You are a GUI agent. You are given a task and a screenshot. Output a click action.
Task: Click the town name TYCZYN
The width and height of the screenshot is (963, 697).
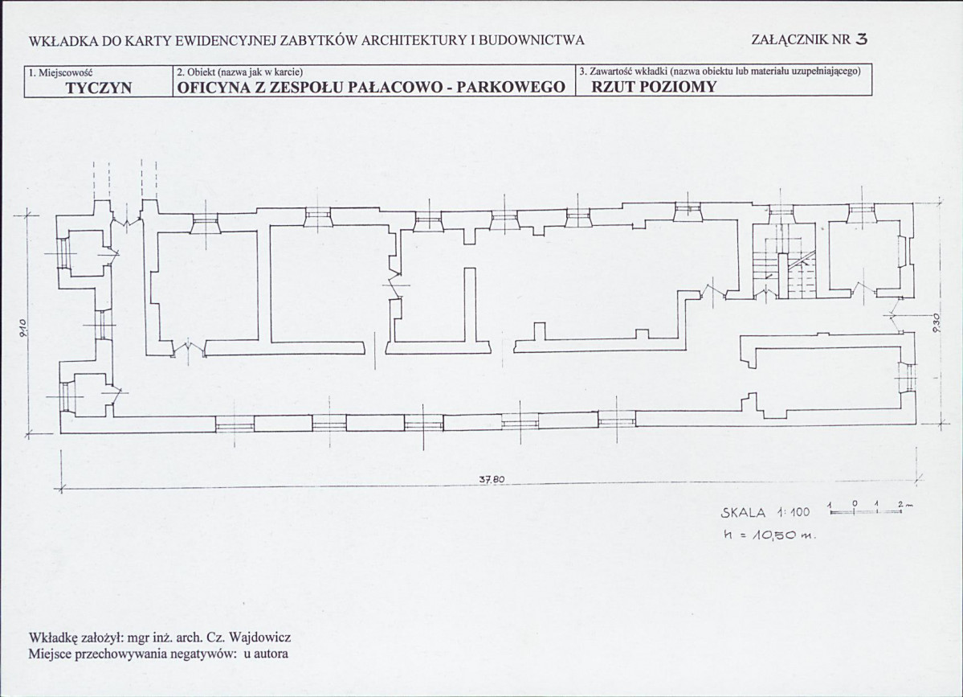(x=99, y=88)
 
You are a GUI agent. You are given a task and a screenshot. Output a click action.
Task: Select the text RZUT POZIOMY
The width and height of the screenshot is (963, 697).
(x=654, y=87)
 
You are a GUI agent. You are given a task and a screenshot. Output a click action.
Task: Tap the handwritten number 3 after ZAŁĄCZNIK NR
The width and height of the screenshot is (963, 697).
(x=862, y=39)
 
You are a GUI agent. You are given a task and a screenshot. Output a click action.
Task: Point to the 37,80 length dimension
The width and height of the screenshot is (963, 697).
(x=492, y=479)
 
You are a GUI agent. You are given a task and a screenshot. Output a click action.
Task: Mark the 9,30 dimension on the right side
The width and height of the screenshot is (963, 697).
(x=936, y=323)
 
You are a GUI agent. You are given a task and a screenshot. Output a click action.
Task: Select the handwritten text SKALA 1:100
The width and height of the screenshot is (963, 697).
(x=765, y=513)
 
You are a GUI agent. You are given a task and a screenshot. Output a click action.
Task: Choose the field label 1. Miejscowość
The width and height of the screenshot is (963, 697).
(x=61, y=72)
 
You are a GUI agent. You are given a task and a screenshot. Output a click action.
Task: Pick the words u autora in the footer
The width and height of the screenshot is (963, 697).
(x=266, y=654)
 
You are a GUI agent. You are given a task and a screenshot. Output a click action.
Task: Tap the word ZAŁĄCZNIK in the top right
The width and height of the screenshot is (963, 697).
(x=791, y=40)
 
